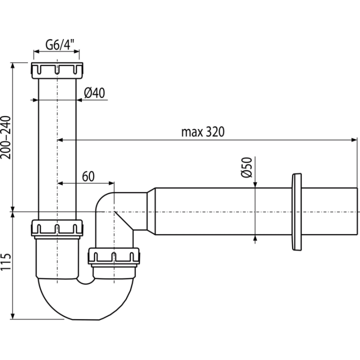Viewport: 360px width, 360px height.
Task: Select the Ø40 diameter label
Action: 94,93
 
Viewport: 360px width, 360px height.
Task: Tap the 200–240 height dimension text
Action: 6,137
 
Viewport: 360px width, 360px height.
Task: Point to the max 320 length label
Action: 202,132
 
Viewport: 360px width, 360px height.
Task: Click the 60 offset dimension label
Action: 88,176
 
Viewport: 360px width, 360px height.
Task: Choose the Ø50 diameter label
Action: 246,167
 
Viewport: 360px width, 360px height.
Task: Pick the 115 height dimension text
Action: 6,262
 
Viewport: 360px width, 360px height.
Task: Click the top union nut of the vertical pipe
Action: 57,70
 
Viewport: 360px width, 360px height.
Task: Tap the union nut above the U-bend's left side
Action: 57,228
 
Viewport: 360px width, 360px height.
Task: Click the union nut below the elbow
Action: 114,256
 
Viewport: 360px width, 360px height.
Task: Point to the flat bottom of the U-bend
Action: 86,319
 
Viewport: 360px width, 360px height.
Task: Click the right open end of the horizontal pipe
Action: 357,211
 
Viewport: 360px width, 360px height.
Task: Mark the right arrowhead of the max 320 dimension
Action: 354,140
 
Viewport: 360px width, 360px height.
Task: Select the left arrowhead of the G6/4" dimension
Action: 36,51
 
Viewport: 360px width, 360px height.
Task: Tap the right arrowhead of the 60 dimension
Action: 111,183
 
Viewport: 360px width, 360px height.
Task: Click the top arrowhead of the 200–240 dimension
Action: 13,65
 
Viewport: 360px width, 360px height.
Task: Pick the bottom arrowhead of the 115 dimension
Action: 13,316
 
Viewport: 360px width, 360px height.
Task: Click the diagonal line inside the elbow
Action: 123,220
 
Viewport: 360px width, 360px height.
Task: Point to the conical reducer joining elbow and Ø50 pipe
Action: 151,211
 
